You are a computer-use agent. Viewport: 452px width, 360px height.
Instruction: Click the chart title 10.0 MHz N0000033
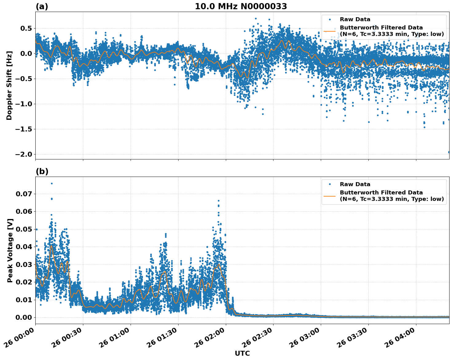click(241, 6)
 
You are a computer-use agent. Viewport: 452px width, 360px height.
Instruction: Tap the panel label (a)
click(42, 6)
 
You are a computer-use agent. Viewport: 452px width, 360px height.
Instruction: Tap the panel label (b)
click(42, 171)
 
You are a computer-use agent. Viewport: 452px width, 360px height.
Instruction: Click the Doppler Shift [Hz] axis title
click(9, 85)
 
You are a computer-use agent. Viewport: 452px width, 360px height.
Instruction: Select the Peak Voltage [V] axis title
click(10, 250)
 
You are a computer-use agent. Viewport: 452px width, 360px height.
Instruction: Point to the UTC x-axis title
click(242, 353)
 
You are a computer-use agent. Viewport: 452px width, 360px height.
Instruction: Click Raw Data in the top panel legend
click(355, 19)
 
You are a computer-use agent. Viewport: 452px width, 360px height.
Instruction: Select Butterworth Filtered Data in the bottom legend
click(381, 193)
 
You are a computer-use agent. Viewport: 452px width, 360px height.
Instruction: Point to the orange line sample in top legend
click(330, 31)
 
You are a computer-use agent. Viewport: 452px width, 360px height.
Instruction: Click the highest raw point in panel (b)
click(52, 183)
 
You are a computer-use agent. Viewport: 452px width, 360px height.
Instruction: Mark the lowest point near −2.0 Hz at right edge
click(449, 152)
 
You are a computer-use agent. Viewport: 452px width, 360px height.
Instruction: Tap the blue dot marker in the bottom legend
click(330, 184)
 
